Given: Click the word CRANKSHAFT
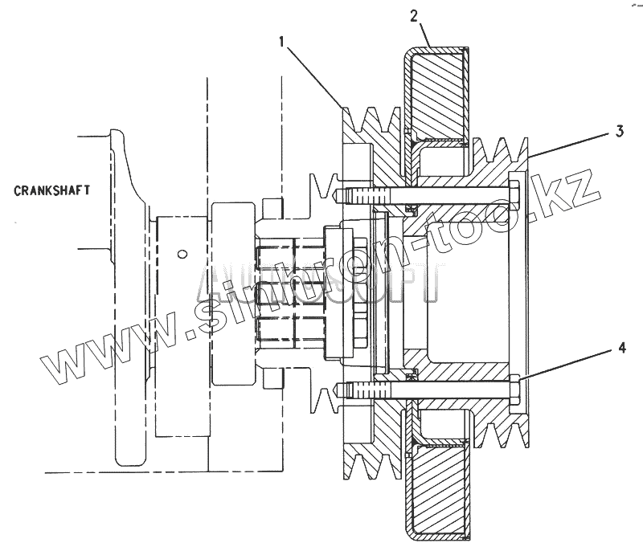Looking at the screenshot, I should tap(51, 190).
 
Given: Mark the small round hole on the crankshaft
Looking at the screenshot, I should tap(183, 254).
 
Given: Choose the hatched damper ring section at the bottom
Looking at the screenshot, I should tap(437, 490).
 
